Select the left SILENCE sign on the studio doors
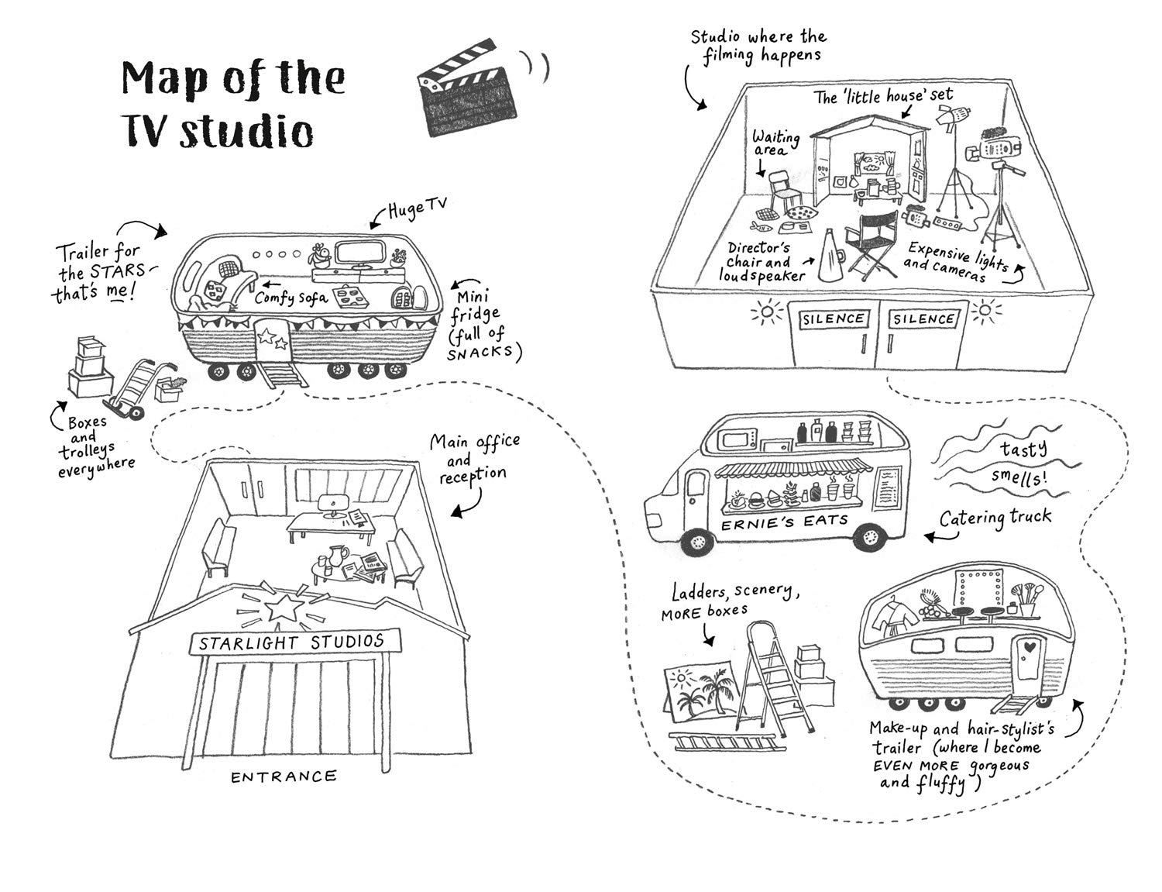click(833, 319)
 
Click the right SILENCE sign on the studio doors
click(923, 319)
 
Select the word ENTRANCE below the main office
click(284, 777)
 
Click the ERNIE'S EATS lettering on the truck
click(785, 522)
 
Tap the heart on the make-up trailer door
click(1030, 648)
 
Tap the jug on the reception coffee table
click(337, 557)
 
